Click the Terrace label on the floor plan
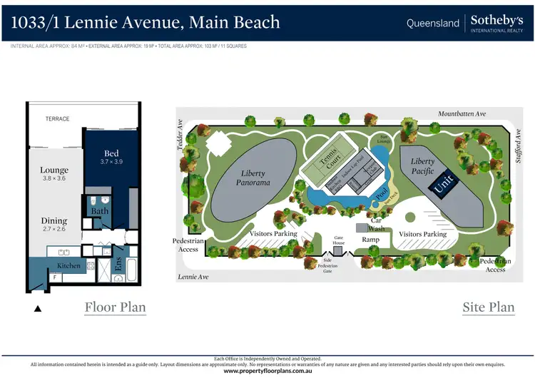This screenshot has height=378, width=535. point(57,119)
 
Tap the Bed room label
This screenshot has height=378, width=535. point(111,153)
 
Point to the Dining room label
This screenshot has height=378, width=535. point(54,221)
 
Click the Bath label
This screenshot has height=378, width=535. point(99,211)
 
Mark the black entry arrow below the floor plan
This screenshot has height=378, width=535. point(39,309)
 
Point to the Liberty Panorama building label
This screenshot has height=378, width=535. point(255,178)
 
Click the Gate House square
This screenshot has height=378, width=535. point(338,251)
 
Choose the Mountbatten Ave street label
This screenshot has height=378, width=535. point(462,113)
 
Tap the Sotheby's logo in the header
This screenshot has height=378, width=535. point(496,23)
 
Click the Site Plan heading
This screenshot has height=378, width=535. point(489,307)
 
